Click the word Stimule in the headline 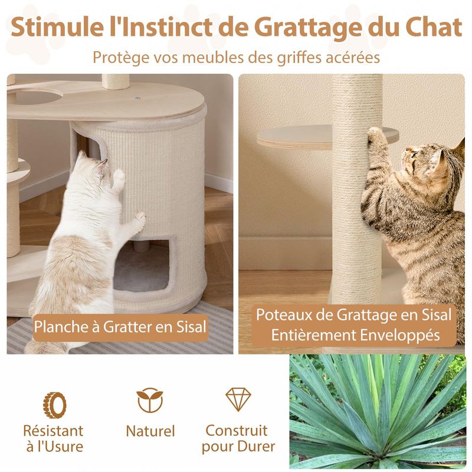pos(57,27)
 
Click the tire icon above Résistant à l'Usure pos(54,405)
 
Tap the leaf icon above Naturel pos(150,400)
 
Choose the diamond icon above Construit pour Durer pos(238,399)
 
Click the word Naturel pos(150,431)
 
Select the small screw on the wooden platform pos(138,98)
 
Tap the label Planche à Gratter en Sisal pos(120,327)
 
